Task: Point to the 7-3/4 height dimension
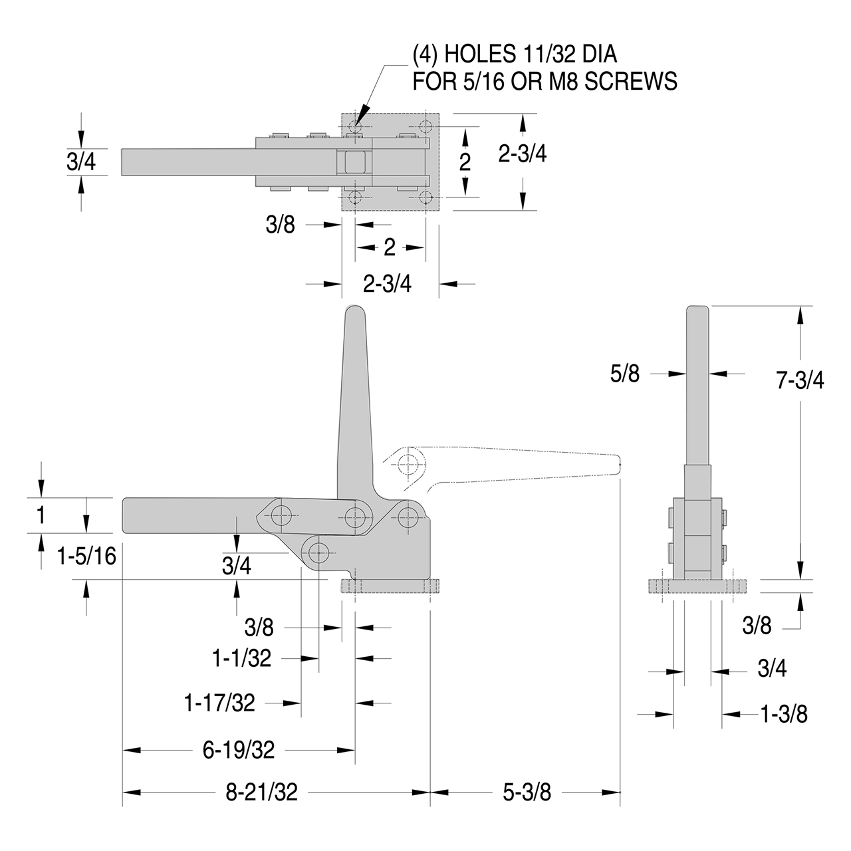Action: click(800, 380)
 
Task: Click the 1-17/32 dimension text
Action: click(219, 703)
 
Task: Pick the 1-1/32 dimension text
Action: click(241, 658)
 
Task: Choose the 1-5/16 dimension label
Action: click(86, 556)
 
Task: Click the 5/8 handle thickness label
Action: click(625, 374)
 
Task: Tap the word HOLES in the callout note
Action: click(480, 55)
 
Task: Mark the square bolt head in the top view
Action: click(354, 162)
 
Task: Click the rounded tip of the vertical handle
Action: click(355, 309)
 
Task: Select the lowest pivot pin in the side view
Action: click(318, 552)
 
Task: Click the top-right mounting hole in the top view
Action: click(425, 126)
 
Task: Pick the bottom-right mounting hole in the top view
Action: click(425, 197)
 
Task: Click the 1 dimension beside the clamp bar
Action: click(41, 515)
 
